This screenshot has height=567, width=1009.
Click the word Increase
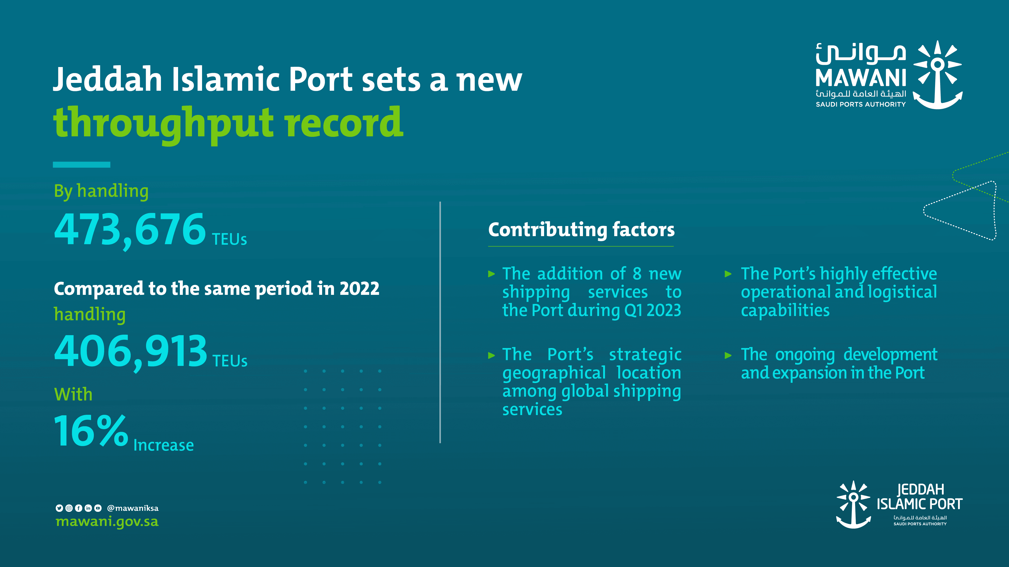point(164,445)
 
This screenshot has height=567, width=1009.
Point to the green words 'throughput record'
point(228,124)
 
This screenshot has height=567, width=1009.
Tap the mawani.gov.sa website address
point(107,522)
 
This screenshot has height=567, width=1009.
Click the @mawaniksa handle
point(133,508)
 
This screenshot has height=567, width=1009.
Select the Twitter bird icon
point(59,508)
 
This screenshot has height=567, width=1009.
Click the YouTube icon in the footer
point(98,508)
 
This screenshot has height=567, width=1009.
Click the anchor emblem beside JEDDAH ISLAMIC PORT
point(854,505)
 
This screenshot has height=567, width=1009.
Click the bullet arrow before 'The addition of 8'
point(492,274)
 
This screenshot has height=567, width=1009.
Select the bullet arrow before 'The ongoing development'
point(728,355)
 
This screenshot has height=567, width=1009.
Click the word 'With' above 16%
point(73,394)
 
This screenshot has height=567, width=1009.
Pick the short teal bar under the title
point(81,165)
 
